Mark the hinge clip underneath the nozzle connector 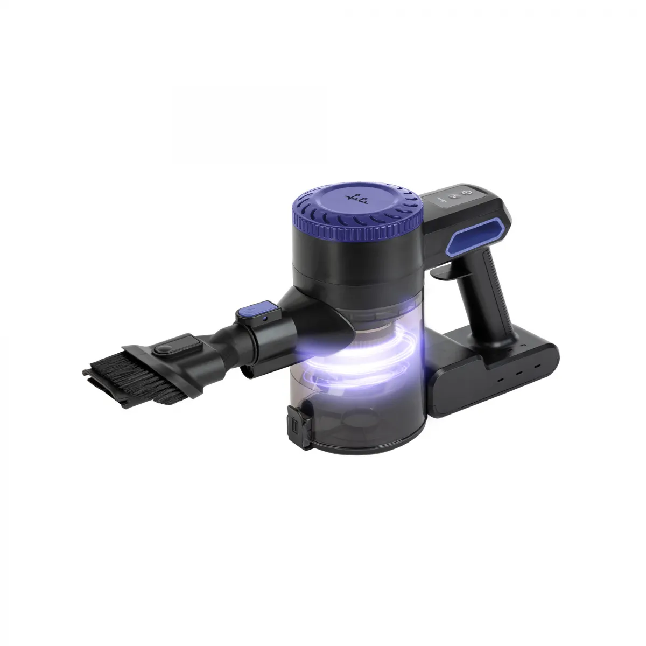click(x=248, y=371)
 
